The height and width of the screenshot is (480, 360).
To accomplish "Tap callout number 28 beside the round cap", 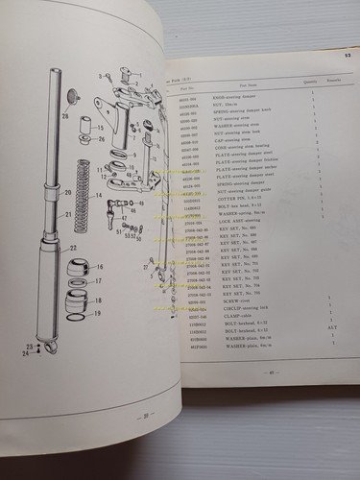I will (65, 118).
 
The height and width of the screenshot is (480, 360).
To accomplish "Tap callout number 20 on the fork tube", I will (68, 192).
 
